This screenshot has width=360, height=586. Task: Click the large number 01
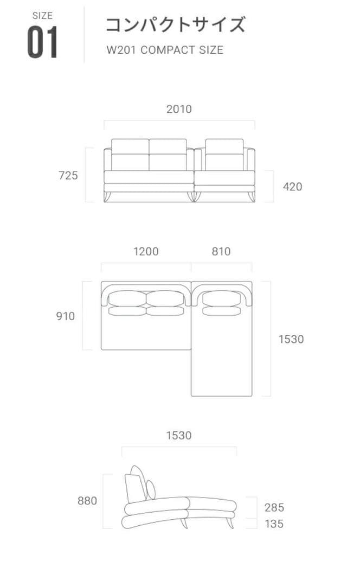[42, 42]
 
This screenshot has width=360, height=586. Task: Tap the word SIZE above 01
[43, 16]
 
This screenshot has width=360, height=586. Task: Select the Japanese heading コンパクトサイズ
[176, 24]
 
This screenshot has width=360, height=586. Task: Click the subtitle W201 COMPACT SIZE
[165, 50]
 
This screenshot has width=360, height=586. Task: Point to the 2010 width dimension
[179, 109]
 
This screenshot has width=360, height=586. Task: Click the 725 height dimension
[68, 175]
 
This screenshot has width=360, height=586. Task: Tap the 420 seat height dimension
[292, 187]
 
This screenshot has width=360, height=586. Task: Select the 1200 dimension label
[146, 252]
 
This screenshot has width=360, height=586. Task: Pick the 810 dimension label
[221, 252]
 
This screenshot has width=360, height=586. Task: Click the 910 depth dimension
[66, 316]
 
